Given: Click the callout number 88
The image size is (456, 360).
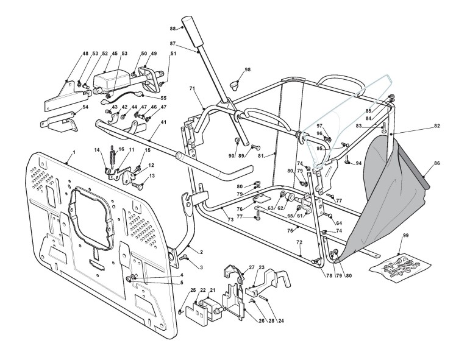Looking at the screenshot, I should point(173,29).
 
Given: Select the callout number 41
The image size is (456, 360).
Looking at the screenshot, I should point(163,122).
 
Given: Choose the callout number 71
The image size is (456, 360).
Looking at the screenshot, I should point(191,89).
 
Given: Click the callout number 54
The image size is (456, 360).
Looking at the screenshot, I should point(68,107).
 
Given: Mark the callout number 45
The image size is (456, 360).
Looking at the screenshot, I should point(115,53).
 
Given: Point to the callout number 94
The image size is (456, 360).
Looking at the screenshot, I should point(358,164).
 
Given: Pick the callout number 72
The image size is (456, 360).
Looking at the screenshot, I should point(299,242).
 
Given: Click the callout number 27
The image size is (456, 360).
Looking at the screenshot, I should point(251,267).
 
